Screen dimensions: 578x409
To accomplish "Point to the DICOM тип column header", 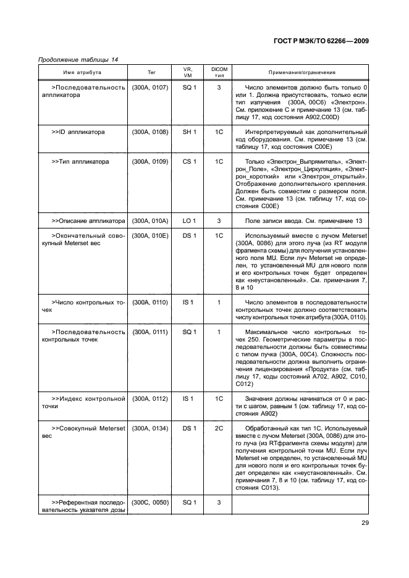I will pyautogui.click(x=219, y=72).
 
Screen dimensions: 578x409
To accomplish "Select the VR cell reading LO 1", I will pyautogui.click(x=189, y=220).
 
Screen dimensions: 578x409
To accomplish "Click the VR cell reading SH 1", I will pyautogui.click(x=189, y=132).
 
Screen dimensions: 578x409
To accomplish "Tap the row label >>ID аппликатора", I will pyautogui.click(x=78, y=132).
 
